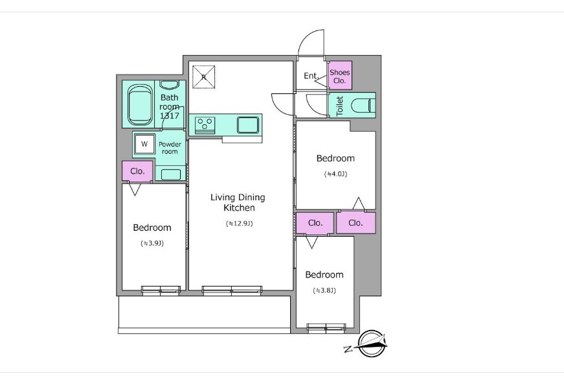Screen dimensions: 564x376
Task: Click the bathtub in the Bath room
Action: point(139,105)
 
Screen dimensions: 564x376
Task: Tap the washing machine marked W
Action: point(144,144)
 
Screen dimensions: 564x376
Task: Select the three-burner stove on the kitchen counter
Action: point(205,124)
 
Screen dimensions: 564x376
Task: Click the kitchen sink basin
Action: point(247,124)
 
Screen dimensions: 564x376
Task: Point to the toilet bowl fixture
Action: point(363,106)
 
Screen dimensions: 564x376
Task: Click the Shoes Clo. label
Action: point(339,76)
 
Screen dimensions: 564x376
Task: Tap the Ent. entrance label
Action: point(311,76)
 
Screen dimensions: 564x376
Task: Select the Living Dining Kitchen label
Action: point(238,202)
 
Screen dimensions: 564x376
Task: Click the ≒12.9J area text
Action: point(239,223)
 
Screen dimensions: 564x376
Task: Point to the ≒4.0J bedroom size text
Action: point(335,174)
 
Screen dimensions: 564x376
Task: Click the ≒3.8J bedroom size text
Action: point(324,290)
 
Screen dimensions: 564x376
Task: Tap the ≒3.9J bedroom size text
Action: point(152,243)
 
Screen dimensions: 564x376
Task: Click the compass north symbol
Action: point(372,344)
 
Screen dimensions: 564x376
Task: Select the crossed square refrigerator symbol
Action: point(203,76)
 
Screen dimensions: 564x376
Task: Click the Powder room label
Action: point(170,148)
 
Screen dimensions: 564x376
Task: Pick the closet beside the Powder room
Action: point(137,171)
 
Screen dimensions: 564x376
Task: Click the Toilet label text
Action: point(339,106)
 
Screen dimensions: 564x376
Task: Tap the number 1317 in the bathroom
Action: point(170,116)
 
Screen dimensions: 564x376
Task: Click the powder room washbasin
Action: point(171,174)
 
